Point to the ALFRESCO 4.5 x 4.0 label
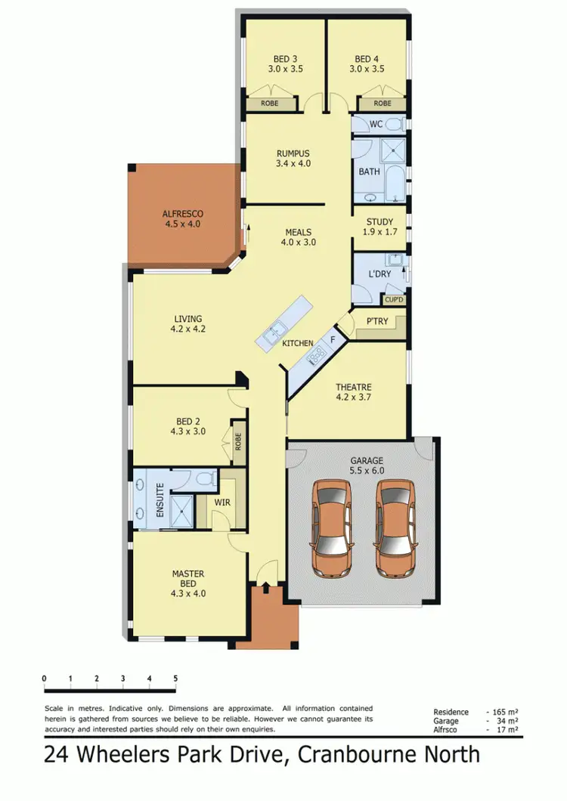click(x=182, y=219)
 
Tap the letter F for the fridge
click(x=332, y=340)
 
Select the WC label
click(x=376, y=124)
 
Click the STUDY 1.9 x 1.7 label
click(x=380, y=227)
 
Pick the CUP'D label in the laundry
click(x=394, y=300)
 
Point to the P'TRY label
click(x=376, y=321)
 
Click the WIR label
click(x=222, y=501)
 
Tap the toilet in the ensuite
click(x=202, y=478)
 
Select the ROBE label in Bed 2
click(x=238, y=441)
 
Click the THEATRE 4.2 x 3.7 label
click(x=354, y=393)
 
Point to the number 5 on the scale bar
click(x=175, y=678)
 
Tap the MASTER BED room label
click(x=188, y=579)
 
